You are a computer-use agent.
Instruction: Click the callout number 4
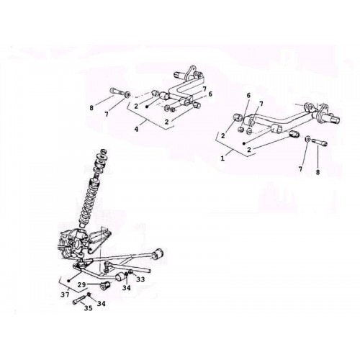pos(136,129)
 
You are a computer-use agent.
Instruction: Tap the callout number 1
pos(222,158)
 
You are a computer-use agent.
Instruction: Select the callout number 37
pos(65,294)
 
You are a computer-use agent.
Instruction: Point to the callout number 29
pos(82,284)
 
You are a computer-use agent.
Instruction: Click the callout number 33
pos(140,279)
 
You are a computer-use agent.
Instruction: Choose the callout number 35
pos(88,308)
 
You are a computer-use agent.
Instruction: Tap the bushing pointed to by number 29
pos(105,286)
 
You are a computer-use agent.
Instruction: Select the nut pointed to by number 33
pos(130,272)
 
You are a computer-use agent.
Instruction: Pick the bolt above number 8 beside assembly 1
pos(319,142)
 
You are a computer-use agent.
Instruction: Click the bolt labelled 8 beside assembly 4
pos(117,91)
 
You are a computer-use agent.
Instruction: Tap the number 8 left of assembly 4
pos(91,108)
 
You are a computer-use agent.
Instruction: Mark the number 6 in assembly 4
pos(210,94)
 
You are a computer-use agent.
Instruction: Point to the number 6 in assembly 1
pos(248,95)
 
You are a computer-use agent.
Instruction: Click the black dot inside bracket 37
pos(69,280)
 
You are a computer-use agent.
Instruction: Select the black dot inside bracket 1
pos(243,143)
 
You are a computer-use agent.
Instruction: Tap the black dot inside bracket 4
pos(147,106)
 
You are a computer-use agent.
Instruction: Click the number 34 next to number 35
pos(101,304)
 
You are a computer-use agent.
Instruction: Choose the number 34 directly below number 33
pos(127,288)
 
